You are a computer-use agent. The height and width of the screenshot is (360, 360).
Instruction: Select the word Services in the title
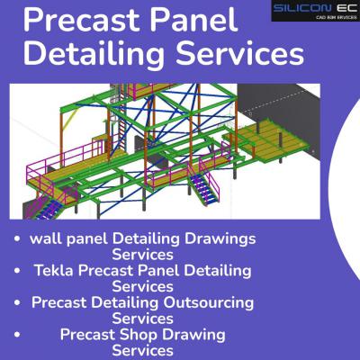coord(240,54)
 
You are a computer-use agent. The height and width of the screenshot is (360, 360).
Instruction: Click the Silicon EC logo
coord(316,11)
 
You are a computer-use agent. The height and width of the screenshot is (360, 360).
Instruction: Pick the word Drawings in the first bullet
coord(220,239)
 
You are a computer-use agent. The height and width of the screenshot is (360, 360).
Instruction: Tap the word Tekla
coord(54,270)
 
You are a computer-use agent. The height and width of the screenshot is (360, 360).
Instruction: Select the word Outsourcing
coord(208,302)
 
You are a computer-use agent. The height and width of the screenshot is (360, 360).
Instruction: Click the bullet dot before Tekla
coord(17,271)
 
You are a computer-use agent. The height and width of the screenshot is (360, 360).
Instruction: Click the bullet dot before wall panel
coord(17,238)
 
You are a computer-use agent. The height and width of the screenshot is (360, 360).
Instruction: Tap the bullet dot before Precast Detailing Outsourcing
coord(17,302)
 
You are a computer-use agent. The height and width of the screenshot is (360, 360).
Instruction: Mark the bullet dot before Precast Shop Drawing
coord(17,334)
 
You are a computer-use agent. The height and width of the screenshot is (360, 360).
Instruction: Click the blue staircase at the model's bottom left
coord(49,208)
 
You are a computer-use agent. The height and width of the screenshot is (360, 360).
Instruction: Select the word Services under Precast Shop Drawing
coord(142,350)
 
